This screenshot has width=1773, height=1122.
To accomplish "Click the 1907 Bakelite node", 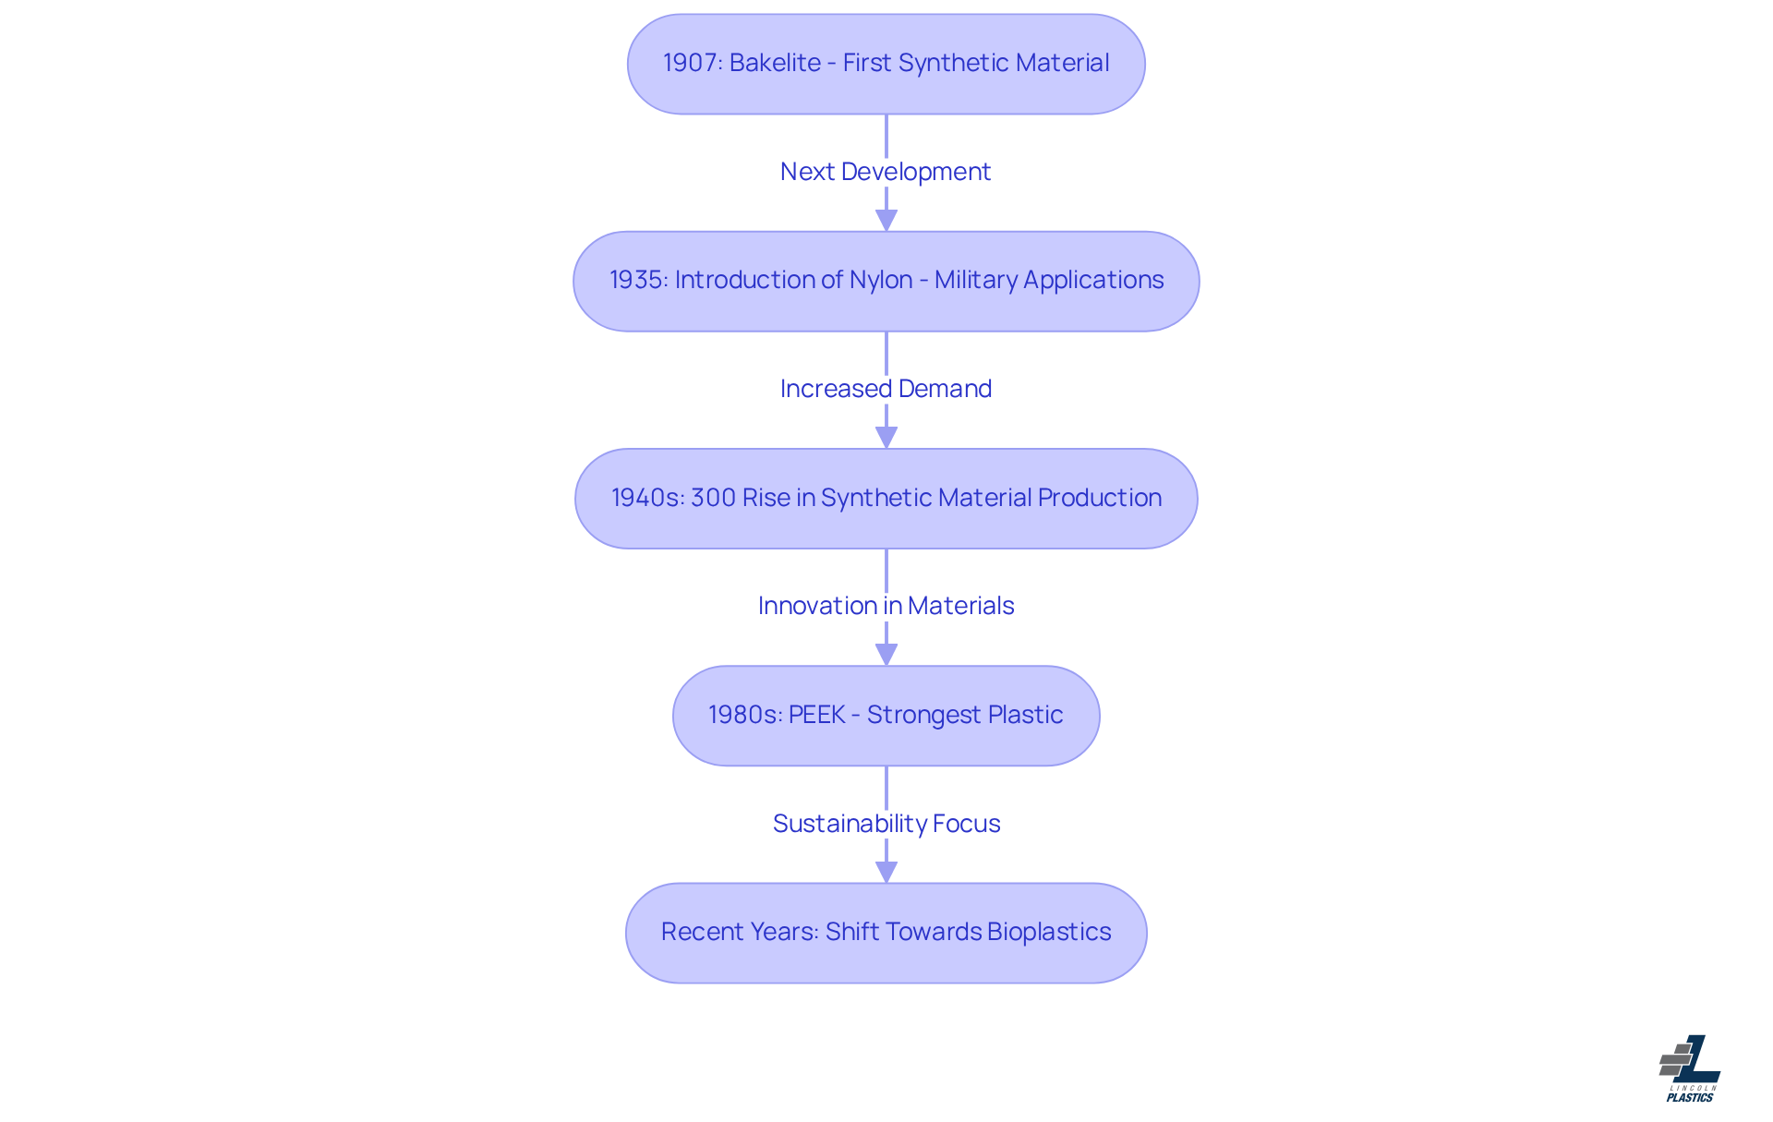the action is (x=886, y=64).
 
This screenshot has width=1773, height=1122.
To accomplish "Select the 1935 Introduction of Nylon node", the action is (x=886, y=282).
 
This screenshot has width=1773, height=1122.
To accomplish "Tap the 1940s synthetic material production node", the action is (x=886, y=499).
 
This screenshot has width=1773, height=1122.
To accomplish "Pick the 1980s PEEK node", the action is (x=886, y=716).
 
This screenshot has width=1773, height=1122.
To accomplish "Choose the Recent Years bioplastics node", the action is (x=886, y=933).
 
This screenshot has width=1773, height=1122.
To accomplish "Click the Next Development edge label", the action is (x=886, y=172).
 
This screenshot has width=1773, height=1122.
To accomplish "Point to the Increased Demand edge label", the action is (x=886, y=389).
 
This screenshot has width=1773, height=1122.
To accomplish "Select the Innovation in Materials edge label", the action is (x=886, y=606).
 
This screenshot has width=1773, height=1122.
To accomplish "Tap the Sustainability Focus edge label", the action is (x=886, y=824).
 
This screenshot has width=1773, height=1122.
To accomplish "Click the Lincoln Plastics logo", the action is (x=1690, y=1068).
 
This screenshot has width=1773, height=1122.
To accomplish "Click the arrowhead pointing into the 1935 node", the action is (x=886, y=220).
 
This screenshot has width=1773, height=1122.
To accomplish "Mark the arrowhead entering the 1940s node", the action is (x=886, y=438).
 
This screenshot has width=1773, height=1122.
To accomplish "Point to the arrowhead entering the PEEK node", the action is (x=886, y=655).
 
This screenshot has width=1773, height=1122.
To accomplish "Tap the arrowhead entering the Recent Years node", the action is (x=886, y=872).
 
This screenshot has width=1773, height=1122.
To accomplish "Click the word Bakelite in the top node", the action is (x=775, y=63).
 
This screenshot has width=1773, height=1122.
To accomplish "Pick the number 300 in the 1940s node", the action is (x=713, y=498).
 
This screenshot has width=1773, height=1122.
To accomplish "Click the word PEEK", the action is (x=817, y=715).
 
